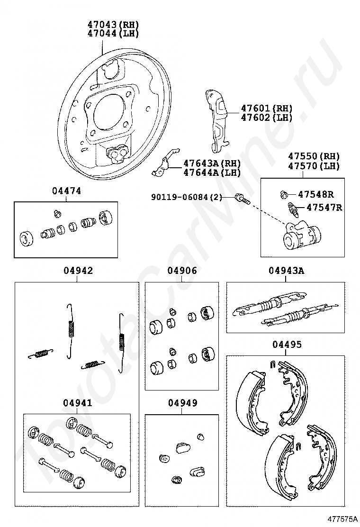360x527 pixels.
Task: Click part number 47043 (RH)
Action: (x=113, y=25)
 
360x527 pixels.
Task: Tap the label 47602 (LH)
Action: (x=266, y=118)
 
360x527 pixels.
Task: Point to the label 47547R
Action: (x=324, y=207)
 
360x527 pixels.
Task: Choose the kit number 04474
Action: (x=66, y=191)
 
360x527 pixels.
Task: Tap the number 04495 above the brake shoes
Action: (x=286, y=345)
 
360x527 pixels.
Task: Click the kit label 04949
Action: (x=182, y=403)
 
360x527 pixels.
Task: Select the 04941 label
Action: (x=77, y=403)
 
